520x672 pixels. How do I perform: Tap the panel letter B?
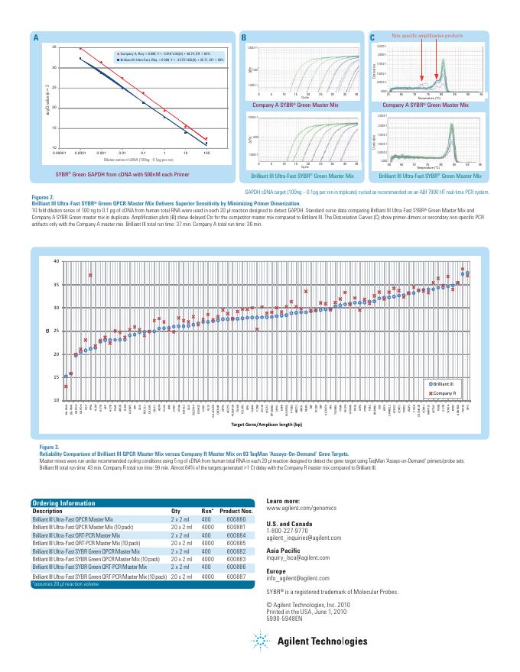[244, 38]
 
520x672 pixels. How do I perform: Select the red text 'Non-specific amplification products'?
[427, 36]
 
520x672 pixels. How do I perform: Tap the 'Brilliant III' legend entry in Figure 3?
[444, 383]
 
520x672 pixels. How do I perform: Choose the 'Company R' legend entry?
[444, 392]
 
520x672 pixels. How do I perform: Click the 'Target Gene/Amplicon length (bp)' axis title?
[266, 423]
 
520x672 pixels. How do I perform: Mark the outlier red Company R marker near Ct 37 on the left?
[90, 275]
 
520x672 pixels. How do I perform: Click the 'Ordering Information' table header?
[63, 502]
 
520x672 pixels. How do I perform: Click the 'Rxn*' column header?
[207, 510]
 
